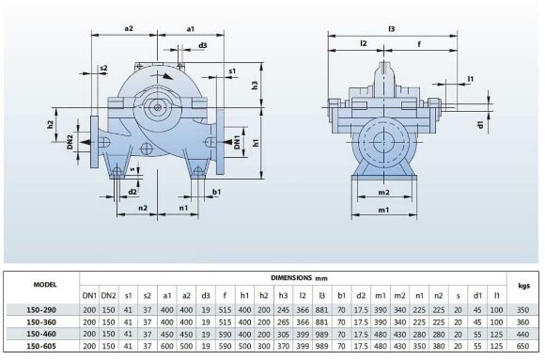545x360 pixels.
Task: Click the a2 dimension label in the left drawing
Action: click(x=130, y=29)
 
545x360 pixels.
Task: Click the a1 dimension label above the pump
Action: click(x=191, y=29)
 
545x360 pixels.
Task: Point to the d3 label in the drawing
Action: click(x=203, y=45)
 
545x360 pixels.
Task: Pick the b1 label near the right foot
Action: click(x=216, y=191)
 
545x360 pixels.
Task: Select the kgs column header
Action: click(x=523, y=283)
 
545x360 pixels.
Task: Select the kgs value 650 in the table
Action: click(x=523, y=346)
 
